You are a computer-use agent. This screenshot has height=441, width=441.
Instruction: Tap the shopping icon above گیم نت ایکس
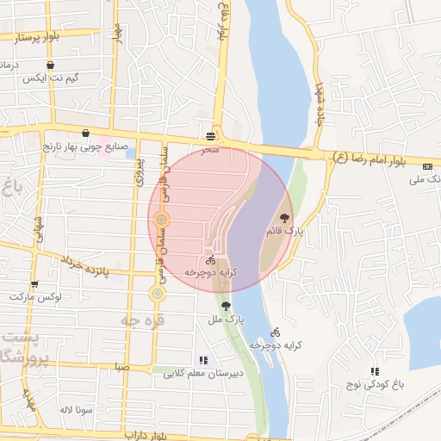[51, 65]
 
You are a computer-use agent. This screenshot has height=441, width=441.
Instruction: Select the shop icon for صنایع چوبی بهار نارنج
[85, 134]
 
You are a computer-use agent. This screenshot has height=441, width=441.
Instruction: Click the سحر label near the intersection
[210, 150]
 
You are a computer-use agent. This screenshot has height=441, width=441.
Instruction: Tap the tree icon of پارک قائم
[285, 205]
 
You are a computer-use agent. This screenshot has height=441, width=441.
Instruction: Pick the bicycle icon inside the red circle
[210, 259]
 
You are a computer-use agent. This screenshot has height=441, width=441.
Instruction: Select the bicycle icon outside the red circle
[276, 332]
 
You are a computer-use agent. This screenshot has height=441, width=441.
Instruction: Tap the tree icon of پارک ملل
[227, 306]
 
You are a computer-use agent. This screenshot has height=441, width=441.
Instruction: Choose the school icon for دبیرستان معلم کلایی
[202, 360]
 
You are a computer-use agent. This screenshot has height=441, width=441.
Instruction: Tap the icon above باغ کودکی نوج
[375, 371]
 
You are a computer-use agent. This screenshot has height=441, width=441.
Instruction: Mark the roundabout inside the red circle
[161, 220]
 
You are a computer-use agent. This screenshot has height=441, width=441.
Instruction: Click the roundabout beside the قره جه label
[157, 294]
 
